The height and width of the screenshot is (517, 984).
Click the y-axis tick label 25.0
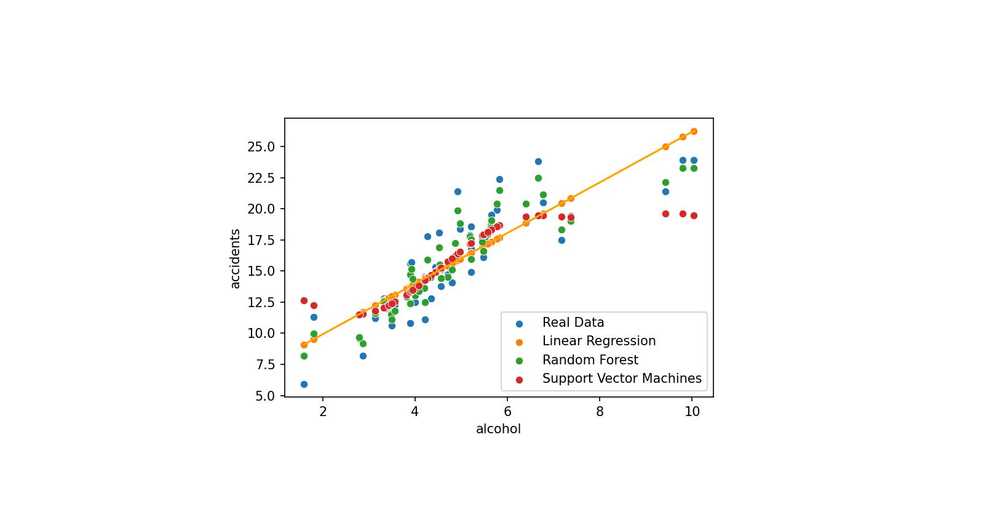(261, 146)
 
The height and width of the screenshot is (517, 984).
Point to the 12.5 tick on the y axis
(261, 302)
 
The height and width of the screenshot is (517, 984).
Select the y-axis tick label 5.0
(264, 396)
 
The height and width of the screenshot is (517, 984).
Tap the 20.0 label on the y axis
(261, 209)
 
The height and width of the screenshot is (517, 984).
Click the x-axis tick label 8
(600, 411)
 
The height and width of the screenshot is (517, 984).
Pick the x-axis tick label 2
(323, 411)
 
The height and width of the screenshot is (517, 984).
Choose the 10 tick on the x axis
(692, 411)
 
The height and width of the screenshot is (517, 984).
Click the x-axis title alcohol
(498, 429)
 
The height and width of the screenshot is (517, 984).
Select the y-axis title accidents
(235, 258)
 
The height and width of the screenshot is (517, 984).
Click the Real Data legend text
(573, 323)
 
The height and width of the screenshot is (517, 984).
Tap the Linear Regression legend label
(598, 341)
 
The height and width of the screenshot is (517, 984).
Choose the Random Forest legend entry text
(590, 360)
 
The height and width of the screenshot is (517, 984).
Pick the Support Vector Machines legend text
(621, 379)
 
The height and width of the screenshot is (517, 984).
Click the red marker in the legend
(519, 380)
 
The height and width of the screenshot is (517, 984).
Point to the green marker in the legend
(519, 361)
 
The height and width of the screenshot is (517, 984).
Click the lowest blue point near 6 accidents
(304, 384)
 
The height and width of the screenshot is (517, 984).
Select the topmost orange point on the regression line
(694, 131)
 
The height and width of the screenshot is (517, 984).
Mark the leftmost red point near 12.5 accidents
(304, 300)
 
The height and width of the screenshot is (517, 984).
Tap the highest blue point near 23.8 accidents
(538, 161)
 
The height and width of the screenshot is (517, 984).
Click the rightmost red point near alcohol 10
(694, 215)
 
